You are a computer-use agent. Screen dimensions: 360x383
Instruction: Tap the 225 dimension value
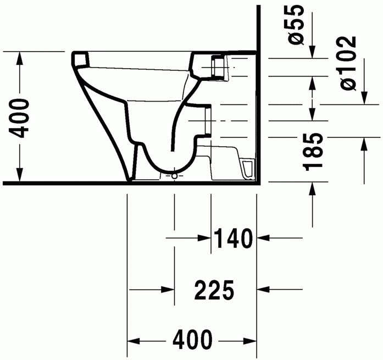(x=214, y=290)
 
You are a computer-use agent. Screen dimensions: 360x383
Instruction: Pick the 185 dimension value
(x=314, y=151)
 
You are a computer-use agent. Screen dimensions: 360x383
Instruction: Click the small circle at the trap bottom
(x=174, y=176)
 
